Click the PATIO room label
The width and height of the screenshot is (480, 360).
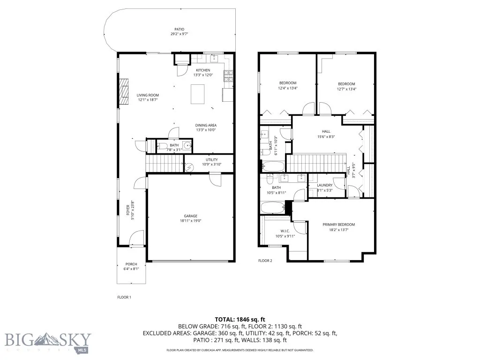[x=176, y=29]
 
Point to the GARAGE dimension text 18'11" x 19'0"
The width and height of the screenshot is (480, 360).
[x=190, y=221]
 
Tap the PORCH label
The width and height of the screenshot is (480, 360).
[x=131, y=264]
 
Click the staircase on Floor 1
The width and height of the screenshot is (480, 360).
[x=164, y=164]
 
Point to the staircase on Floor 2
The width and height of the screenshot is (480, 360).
[x=315, y=164]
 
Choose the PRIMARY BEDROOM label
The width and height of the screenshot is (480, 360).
[x=338, y=225]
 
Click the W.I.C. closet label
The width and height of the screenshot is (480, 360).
[x=285, y=231]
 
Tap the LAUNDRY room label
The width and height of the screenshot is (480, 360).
[x=324, y=185]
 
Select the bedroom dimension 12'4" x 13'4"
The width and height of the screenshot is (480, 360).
[x=288, y=88]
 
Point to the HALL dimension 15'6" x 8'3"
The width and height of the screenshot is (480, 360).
[x=326, y=137]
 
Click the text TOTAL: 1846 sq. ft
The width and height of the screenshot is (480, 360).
[x=240, y=319]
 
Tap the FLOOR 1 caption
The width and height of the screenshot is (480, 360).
[x=124, y=297]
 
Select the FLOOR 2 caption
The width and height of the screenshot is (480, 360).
[x=265, y=261]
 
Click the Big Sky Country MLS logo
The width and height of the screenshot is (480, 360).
[x=48, y=341]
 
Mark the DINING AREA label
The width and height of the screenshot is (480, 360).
[x=206, y=125]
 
